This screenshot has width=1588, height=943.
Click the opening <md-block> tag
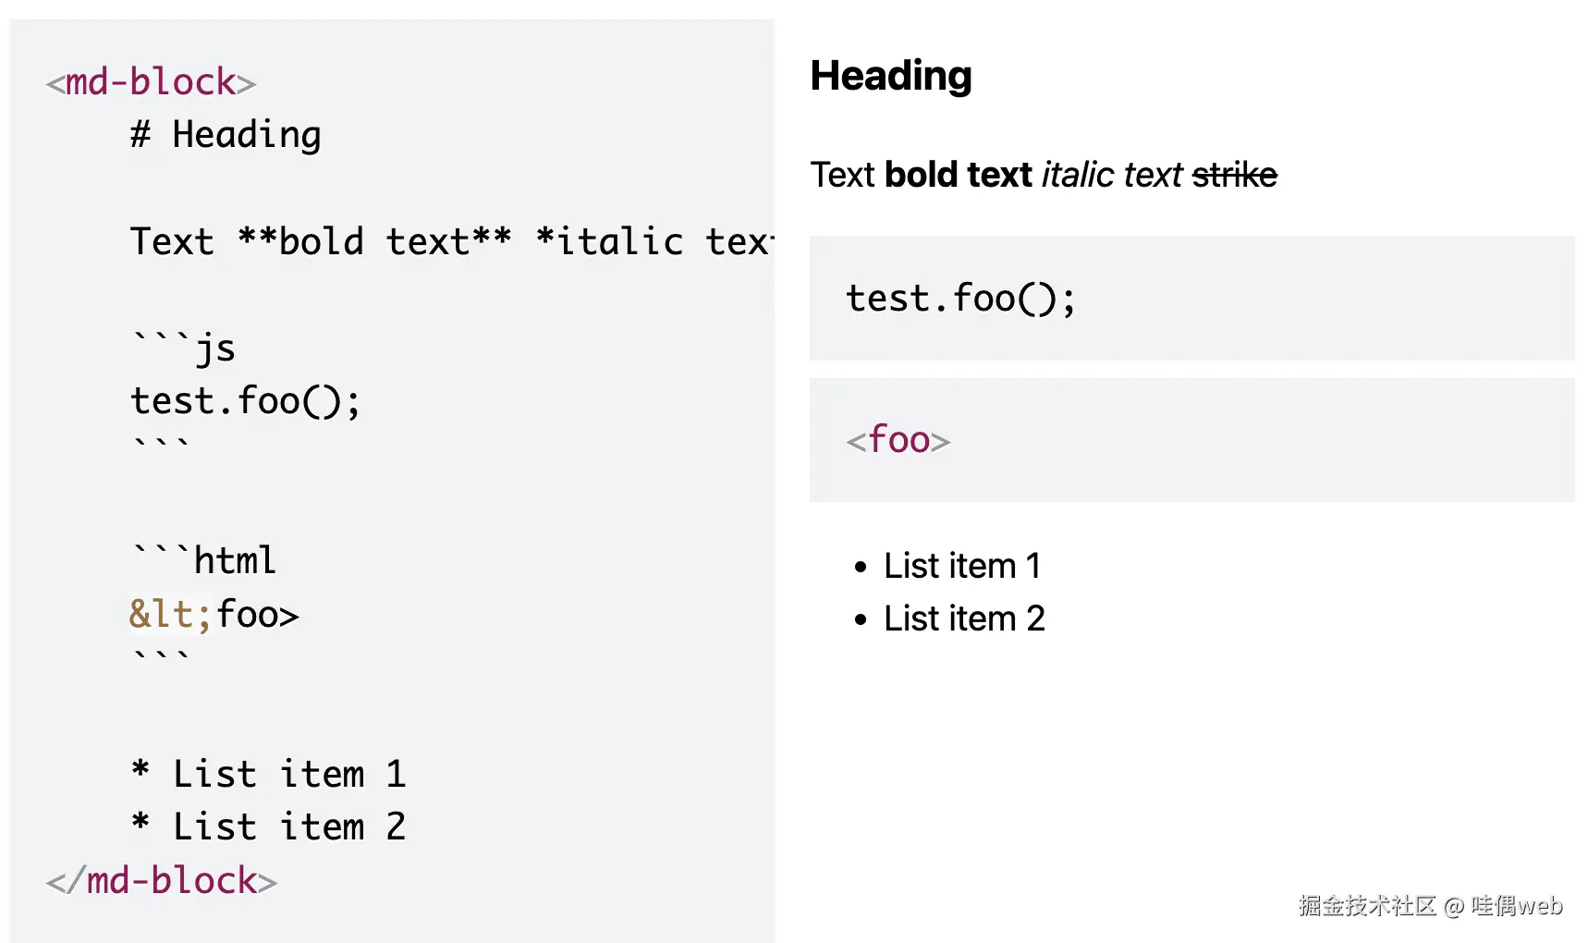151,82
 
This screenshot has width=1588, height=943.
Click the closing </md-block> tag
162,881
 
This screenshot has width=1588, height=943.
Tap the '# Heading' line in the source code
226,135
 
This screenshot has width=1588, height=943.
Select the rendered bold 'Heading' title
890,76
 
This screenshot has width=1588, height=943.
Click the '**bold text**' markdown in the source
374,242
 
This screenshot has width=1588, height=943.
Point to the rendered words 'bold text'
958,175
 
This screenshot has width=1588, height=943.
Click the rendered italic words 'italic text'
1112,175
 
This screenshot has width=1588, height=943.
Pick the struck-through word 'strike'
1234,175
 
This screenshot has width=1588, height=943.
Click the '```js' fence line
184,349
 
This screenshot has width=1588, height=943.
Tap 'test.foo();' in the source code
245,401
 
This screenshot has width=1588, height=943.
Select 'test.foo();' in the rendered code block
960,299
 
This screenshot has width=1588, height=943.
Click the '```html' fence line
204,560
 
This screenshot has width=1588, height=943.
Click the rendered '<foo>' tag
898,440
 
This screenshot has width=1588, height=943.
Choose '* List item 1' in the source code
268,774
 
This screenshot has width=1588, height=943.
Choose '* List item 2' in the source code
268,827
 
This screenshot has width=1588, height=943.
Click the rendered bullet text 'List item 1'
962,566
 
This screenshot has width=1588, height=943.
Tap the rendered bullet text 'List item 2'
964,618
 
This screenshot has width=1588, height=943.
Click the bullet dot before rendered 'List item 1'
861,567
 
